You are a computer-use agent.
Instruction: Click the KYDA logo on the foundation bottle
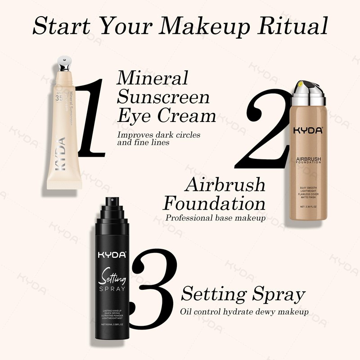tap(308, 131)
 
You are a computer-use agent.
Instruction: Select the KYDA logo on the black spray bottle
tap(112, 255)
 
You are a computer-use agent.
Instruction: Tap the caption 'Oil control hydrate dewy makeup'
tap(244, 311)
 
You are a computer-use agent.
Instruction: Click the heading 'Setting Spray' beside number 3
tap(243, 295)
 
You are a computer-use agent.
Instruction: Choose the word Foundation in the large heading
tap(214, 203)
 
